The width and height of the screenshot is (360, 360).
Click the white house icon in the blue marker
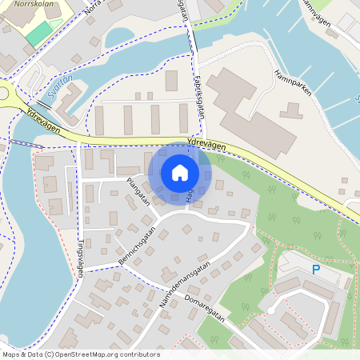point(180,172)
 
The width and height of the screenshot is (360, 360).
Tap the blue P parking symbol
point(315,270)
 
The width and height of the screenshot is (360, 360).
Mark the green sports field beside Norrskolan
point(38,33)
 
